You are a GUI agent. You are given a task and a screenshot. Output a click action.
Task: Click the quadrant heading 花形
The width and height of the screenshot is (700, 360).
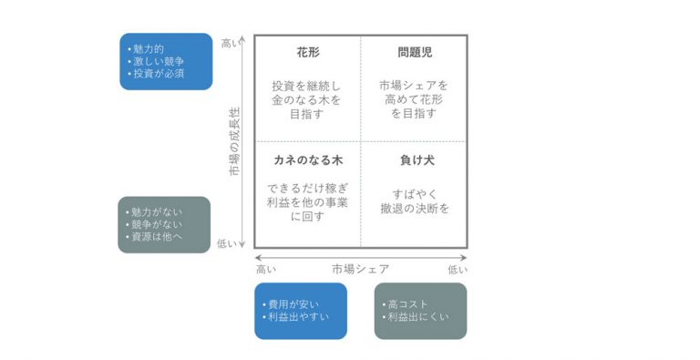pyautogui.click(x=307, y=53)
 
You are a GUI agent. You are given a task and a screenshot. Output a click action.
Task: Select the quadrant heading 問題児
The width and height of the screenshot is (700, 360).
pyautogui.click(x=414, y=53)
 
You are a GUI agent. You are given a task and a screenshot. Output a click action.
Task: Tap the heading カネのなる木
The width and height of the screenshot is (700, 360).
pyautogui.click(x=307, y=160)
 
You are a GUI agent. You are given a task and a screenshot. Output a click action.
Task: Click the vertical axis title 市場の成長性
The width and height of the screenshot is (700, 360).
pyautogui.click(x=234, y=141)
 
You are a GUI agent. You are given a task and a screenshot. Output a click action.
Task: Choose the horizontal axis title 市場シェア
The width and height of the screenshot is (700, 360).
pyautogui.click(x=360, y=269)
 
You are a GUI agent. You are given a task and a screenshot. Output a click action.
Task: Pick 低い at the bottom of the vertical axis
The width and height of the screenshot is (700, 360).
pyautogui.click(x=229, y=243)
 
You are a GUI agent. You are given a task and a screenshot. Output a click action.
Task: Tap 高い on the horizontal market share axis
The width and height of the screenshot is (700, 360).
pyautogui.click(x=265, y=269)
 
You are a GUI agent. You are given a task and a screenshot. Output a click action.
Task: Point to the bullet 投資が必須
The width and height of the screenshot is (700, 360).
pyautogui.click(x=159, y=73)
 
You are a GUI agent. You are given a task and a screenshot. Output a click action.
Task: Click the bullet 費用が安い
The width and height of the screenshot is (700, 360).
pyautogui.click(x=292, y=303)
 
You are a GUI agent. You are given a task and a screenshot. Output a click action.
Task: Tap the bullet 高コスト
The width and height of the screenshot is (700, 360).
pyautogui.click(x=407, y=303)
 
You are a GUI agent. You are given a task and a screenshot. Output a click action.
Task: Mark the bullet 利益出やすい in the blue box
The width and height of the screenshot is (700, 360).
pyautogui.click(x=297, y=317)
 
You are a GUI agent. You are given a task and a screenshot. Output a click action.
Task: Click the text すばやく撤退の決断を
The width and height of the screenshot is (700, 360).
pyautogui.click(x=415, y=201)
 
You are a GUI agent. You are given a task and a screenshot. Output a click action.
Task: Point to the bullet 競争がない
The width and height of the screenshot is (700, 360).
pyautogui.click(x=157, y=224)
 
